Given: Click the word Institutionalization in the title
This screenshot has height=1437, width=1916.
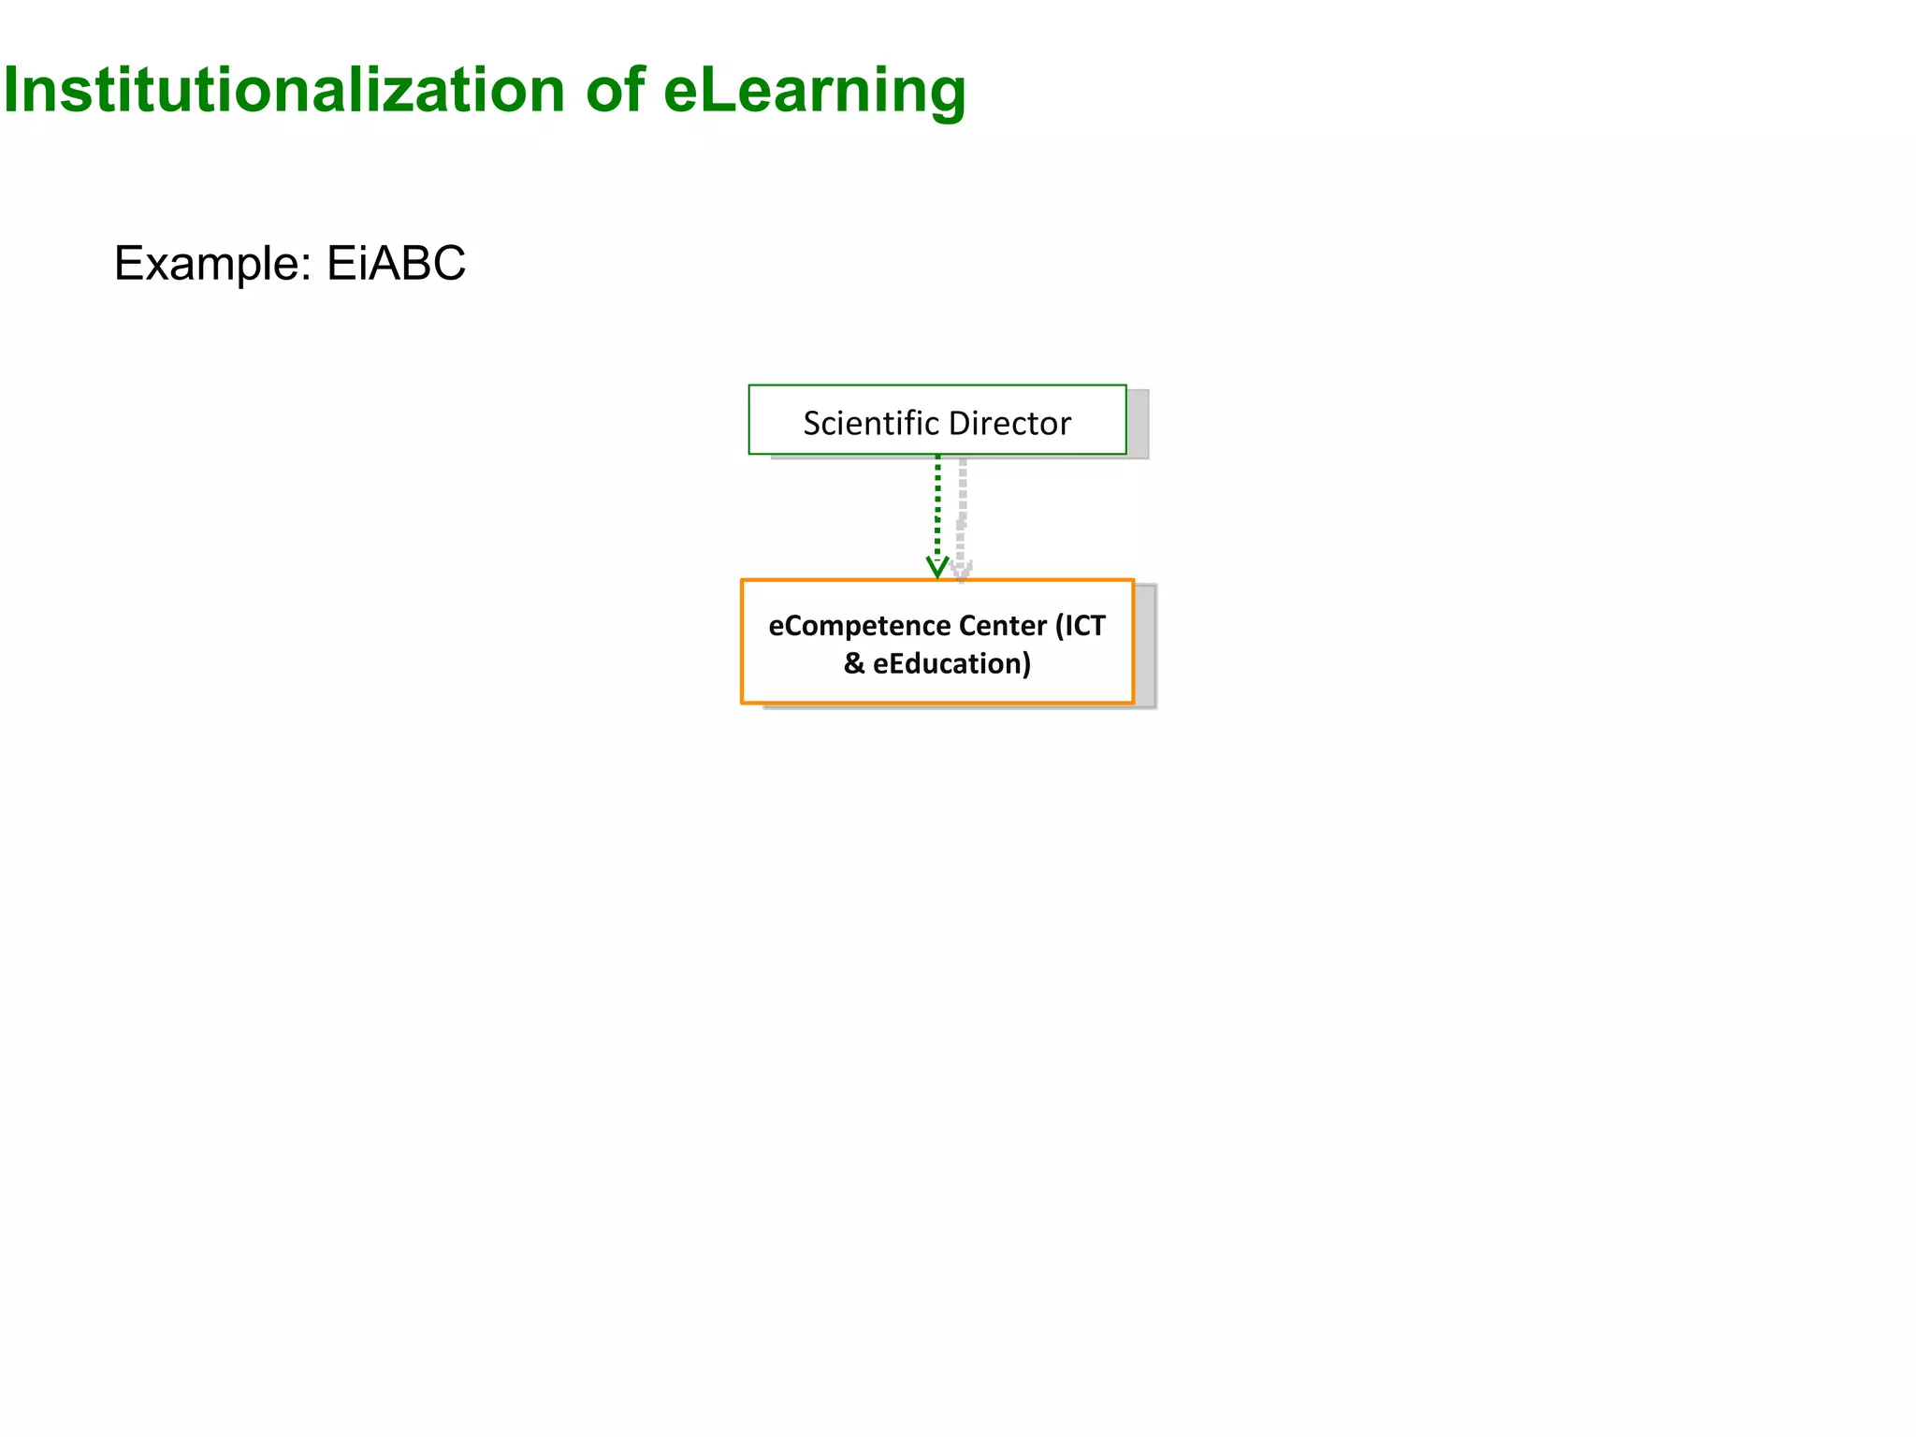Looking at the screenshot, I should click(283, 91).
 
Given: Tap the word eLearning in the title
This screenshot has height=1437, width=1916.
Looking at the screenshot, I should click(814, 91).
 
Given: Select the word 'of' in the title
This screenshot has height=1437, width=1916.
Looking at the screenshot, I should click(615, 91).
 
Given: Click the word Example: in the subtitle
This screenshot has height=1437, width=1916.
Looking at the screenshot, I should click(212, 264).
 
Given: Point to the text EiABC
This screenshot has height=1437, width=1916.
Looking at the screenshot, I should click(396, 264).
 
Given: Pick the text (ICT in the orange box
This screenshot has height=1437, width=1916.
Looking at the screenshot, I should click(1081, 625).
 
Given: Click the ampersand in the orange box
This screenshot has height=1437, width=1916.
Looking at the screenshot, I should click(853, 663).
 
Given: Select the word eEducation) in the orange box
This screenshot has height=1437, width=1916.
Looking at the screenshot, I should click(951, 663).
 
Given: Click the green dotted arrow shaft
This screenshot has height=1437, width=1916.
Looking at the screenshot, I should click(937, 505).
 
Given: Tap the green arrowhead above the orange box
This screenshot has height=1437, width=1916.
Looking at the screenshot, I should click(937, 568).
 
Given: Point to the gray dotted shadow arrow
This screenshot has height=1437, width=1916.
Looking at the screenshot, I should click(962, 505).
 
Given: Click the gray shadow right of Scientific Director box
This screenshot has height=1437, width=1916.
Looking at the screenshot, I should click(1138, 423).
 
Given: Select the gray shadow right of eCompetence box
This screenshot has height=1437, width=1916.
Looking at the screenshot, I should click(1145, 646).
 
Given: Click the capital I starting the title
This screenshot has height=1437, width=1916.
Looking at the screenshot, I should click(10, 91).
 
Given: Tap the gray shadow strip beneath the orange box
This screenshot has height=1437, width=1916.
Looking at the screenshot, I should click(954, 706).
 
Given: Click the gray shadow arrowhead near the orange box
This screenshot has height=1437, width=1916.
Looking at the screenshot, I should click(962, 570).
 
